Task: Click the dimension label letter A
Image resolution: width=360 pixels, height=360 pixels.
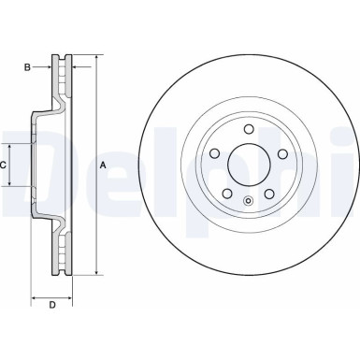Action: pos(102,166)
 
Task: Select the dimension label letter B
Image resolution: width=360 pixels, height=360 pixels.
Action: pos(27,66)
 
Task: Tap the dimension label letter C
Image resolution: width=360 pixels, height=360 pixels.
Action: pos(5,166)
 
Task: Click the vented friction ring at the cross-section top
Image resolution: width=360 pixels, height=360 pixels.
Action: pos(65,79)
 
